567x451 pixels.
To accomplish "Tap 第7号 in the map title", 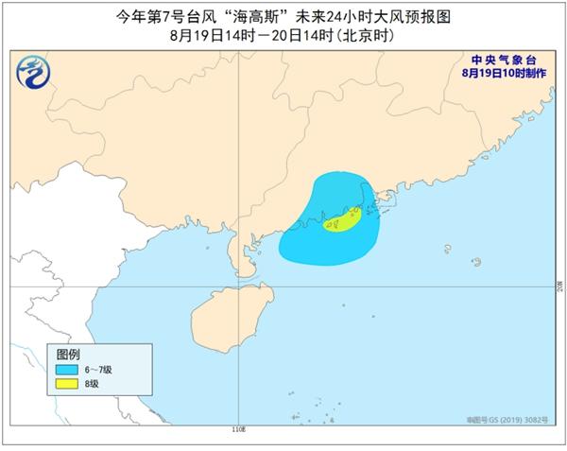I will (x=183, y=16).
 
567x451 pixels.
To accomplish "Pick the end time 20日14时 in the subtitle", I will (x=297, y=36).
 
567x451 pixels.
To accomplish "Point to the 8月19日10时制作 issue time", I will (x=506, y=72).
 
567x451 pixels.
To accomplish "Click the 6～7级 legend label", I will (x=99, y=369).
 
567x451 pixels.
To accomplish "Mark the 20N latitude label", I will (x=559, y=284).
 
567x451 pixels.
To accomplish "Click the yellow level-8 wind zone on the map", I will (x=341, y=222).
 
